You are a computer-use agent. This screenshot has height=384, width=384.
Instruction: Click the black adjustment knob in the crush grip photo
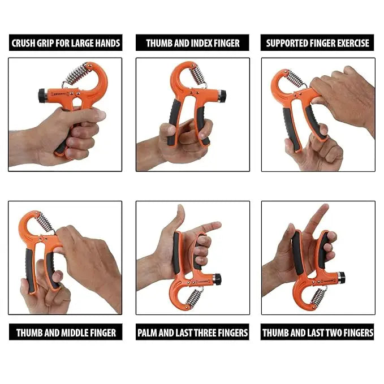(43, 95)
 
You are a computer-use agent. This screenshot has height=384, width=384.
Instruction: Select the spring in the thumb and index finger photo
(197, 75)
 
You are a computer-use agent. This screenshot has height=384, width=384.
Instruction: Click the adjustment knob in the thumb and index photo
(222, 95)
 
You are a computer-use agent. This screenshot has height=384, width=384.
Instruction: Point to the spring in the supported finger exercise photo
(296, 78)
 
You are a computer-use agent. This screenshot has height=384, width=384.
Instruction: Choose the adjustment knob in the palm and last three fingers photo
(217, 279)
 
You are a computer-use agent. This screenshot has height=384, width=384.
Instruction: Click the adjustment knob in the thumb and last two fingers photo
(341, 278)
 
